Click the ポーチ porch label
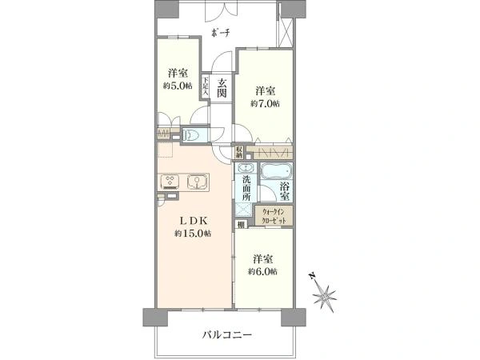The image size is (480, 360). click(221, 33)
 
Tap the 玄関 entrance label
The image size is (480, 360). click(222, 88)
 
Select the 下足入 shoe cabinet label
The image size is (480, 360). click(205, 86)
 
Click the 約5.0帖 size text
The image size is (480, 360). click(178, 86)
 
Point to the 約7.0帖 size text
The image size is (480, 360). click(265, 104)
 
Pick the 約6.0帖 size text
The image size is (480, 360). click(263, 271)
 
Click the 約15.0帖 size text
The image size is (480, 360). click(193, 234)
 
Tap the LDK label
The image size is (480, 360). click(194, 221)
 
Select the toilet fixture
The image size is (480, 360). click(191, 135)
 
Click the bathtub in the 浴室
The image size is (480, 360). click(276, 170)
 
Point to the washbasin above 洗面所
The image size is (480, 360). click(246, 169)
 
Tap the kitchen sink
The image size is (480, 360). click(196, 182)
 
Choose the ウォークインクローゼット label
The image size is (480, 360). click(274, 216)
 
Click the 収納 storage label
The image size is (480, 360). click(239, 152)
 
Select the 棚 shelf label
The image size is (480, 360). click(242, 225)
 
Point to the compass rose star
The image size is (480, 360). click(325, 297)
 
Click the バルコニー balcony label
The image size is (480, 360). click(227, 334)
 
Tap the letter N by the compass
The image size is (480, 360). click(312, 276)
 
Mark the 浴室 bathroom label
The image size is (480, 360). click(285, 190)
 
